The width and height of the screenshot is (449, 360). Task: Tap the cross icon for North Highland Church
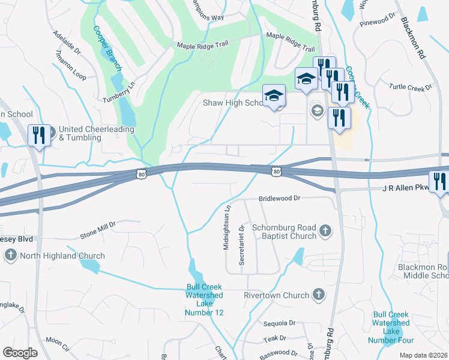(10, 256)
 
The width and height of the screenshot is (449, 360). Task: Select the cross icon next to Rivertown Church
(319, 295)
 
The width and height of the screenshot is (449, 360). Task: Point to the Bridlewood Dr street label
(279, 198)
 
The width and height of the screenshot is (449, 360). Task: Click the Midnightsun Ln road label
(227, 228)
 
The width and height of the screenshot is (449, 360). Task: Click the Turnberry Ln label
(119, 92)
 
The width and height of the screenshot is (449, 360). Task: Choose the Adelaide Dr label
(67, 43)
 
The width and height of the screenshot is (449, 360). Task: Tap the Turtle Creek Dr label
(411, 88)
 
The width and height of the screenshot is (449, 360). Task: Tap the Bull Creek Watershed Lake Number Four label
(391, 327)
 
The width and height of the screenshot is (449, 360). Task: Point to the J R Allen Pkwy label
(405, 188)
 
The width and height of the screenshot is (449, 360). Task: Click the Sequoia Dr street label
(280, 323)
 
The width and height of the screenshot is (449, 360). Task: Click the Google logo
(20, 353)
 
